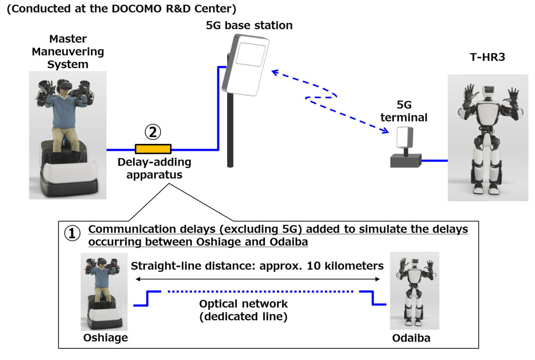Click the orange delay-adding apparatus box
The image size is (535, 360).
click(153, 149)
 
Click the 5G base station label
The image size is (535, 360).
click(249, 25)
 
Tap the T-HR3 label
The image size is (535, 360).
click(487, 57)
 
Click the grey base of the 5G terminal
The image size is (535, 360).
click(405, 161)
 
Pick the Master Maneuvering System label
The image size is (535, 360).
click(68, 52)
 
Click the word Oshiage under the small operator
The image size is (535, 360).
click(105, 338)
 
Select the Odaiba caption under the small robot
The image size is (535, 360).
click(411, 338)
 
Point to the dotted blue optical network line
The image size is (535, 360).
click(260, 291)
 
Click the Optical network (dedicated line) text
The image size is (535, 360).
click(243, 311)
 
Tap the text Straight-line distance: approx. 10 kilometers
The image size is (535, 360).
click(257, 266)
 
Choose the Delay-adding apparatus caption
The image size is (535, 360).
click(154, 168)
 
